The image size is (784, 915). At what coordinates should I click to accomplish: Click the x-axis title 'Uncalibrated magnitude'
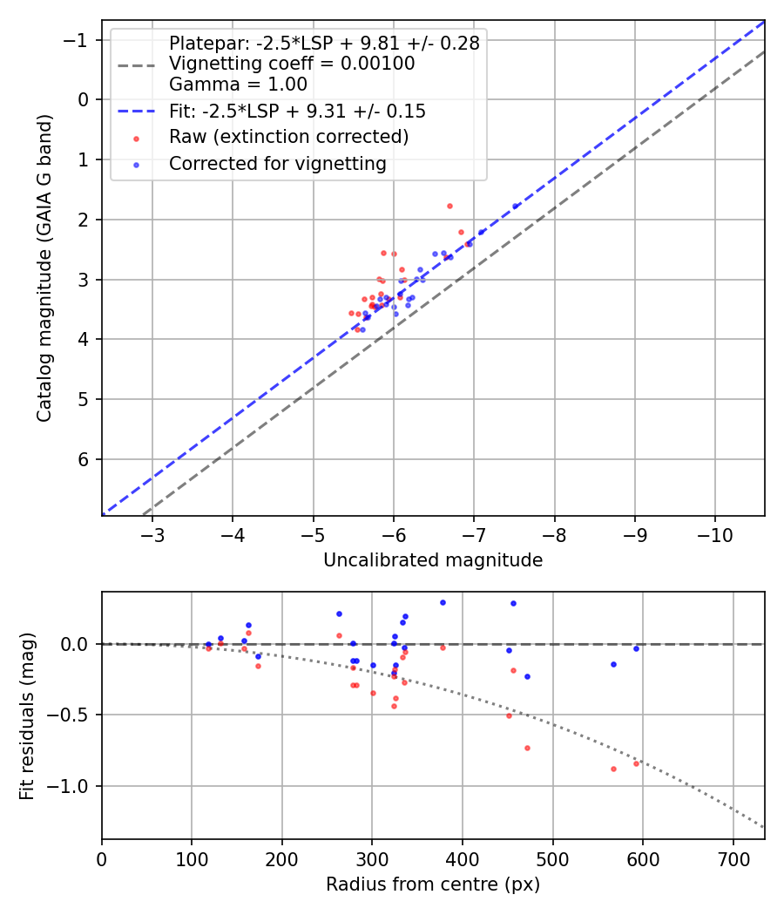433,560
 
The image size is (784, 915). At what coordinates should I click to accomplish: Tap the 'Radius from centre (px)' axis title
433,884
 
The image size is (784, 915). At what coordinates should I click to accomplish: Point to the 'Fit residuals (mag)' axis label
27,715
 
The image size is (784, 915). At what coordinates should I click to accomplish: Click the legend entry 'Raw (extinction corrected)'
288,137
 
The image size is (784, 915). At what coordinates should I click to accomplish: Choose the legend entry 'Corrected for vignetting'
278,164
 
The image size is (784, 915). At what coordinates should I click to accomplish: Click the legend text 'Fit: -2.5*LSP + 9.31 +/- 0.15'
297,112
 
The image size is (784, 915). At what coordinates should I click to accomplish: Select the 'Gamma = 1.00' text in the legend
238,85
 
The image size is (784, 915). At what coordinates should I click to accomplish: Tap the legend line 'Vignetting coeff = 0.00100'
292,64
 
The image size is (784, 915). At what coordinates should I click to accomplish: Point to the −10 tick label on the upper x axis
715,532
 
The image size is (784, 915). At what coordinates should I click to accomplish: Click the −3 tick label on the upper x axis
152,532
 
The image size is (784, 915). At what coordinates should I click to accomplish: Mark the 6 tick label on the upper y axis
84,459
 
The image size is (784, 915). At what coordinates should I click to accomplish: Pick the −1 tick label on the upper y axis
79,40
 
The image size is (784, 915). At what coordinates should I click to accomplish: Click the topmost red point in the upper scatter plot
449,206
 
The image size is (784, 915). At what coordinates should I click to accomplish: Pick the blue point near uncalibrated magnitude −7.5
515,207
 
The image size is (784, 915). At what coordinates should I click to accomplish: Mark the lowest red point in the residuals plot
613,769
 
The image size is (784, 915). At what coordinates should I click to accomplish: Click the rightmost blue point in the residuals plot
636,648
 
